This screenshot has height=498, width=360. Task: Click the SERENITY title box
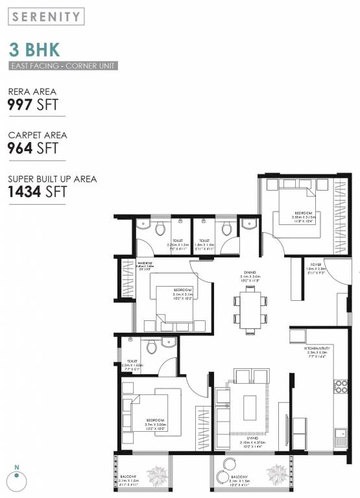45,17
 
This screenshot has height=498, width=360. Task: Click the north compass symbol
18,479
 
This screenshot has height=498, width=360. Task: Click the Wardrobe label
145,264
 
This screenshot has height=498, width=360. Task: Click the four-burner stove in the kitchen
341,387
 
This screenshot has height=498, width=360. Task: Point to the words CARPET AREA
37,136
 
